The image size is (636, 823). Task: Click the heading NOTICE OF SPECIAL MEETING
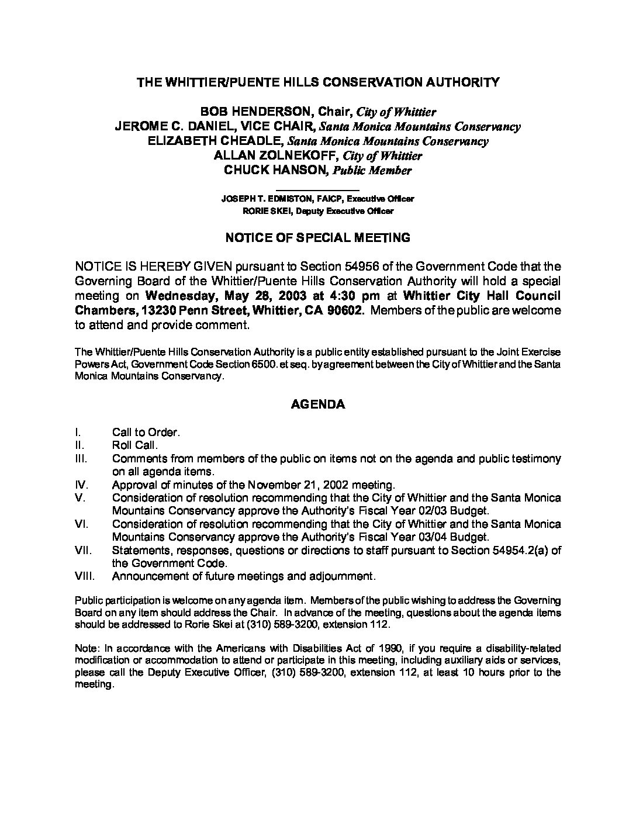(318, 237)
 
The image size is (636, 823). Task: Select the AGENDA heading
(318, 404)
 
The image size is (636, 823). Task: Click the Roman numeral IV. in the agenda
(81, 485)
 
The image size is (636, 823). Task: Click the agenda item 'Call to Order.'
(146, 432)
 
